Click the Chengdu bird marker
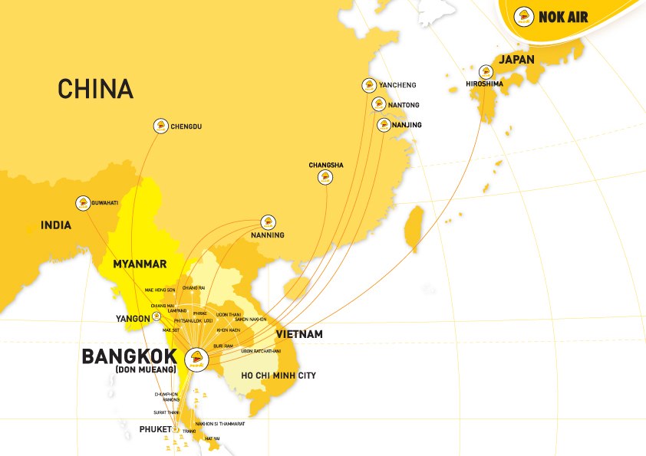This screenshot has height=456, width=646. point(160,126)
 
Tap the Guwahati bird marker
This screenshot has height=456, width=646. point(82,203)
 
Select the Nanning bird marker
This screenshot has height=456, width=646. point(268,221)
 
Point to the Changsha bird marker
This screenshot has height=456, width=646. point(325,178)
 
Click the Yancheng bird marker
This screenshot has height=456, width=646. point(369,85)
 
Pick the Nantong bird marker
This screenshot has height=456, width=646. point(378,104)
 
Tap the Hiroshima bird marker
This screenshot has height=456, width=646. point(486,71)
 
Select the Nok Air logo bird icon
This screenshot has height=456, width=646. point(525,15)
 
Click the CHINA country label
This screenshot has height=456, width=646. point(95,88)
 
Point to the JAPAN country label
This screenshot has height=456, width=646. point(518,59)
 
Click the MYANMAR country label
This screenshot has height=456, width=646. point(140,264)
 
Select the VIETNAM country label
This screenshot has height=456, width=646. point(300,334)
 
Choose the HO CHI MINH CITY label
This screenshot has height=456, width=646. point(279,376)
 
